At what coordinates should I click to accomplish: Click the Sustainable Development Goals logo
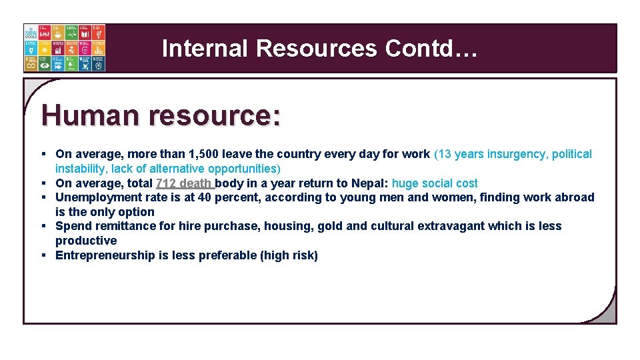[64, 48]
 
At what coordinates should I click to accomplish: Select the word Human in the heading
[91, 115]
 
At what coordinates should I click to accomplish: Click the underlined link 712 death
[184, 183]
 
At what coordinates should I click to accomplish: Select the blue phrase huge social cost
[435, 183]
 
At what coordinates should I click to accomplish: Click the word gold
[331, 226]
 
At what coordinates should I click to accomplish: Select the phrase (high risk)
[289, 255]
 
